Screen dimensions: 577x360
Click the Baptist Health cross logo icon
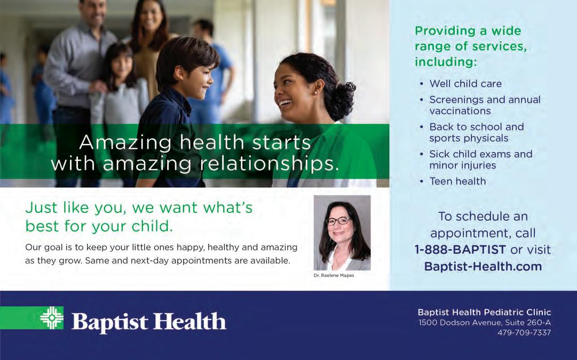pyautogui.click(x=52, y=318)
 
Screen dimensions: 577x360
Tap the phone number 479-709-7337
pyautogui.click(x=524, y=333)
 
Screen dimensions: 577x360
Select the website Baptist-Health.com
pyautogui.click(x=483, y=266)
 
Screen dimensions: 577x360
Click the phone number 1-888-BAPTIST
pyautogui.click(x=460, y=250)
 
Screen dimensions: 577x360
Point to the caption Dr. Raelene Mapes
pyautogui.click(x=334, y=275)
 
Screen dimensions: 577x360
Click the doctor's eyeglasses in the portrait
pyautogui.click(x=338, y=221)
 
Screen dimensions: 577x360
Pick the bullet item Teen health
pyautogui.click(x=458, y=181)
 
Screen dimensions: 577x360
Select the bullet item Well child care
pyautogui.click(x=465, y=84)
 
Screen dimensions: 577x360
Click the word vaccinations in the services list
pyautogui.click(x=460, y=111)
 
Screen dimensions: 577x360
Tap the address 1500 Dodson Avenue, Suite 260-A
pyautogui.click(x=485, y=323)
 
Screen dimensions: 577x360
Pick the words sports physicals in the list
pyautogui.click(x=469, y=138)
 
